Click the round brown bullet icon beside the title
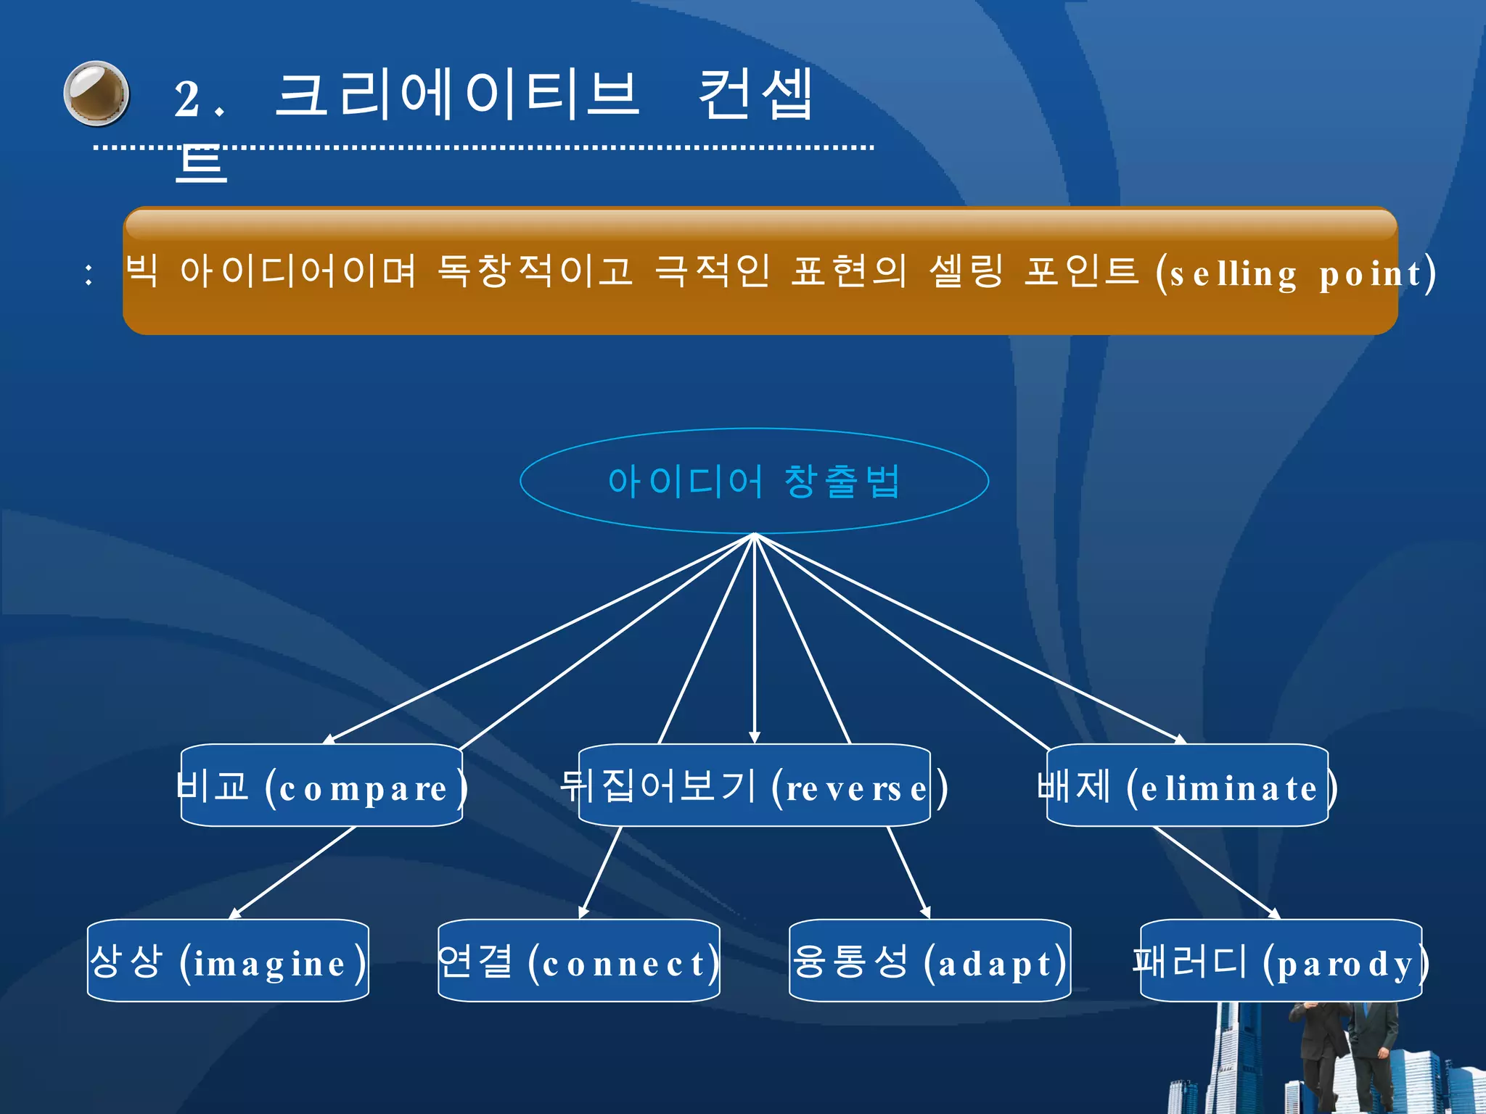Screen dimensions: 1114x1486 point(97,94)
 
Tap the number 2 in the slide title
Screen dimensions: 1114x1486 point(187,99)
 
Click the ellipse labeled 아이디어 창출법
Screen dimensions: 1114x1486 point(754,481)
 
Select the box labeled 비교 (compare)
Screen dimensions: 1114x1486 point(321,786)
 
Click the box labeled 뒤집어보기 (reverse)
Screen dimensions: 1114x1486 point(754,786)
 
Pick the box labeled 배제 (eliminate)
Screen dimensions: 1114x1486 point(1187,786)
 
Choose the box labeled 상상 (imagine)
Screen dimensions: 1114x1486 point(228,962)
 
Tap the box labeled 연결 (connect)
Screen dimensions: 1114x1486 point(578,962)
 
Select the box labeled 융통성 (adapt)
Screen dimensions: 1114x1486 point(929,962)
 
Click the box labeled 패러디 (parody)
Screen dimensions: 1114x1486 point(1281,962)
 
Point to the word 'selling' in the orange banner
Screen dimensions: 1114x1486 point(1233,275)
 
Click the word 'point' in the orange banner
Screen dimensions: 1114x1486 point(1370,275)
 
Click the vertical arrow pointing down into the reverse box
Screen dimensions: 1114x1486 point(755,653)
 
